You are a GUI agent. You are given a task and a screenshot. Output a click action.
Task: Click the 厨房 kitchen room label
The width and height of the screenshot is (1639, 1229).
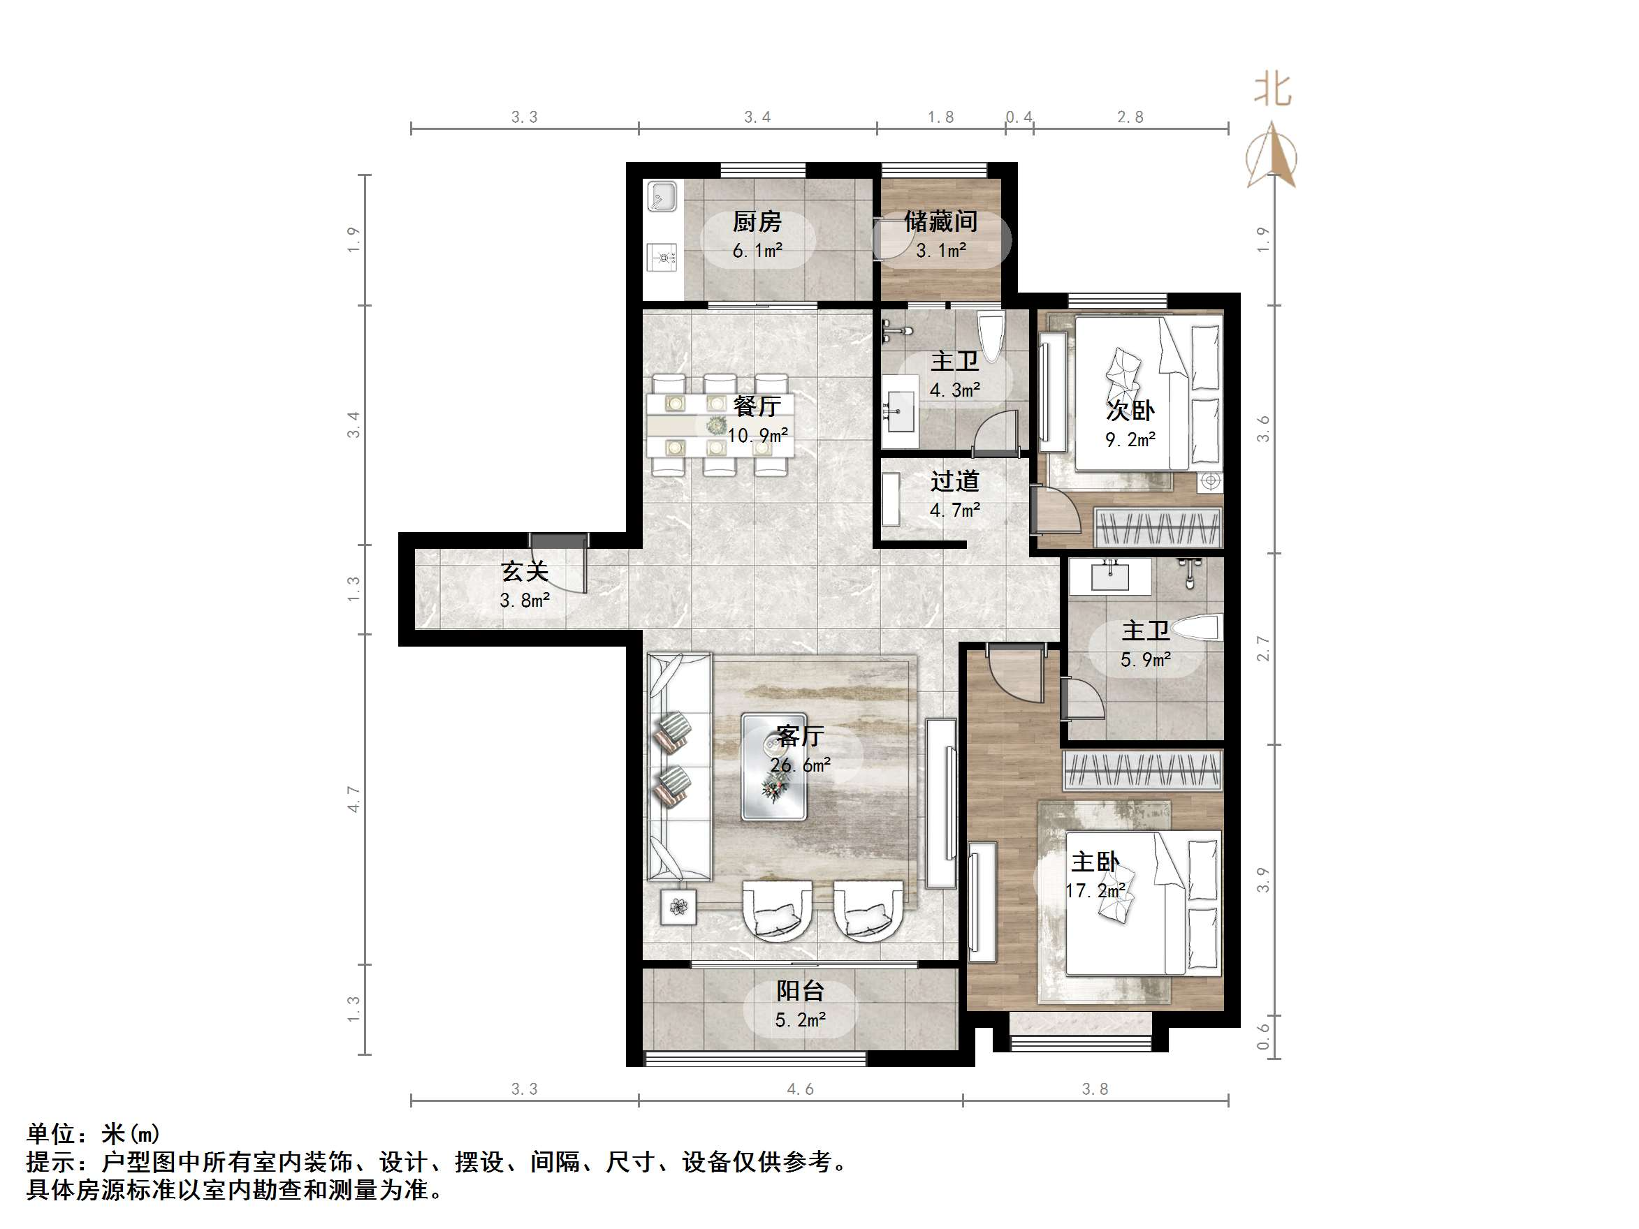coord(757,221)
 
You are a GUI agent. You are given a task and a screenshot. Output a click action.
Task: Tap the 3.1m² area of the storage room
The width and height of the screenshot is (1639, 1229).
coord(940,251)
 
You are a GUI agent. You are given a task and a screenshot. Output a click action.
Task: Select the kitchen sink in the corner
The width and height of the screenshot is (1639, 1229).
coord(662,197)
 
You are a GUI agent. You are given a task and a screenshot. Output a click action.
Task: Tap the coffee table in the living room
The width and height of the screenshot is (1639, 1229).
coord(773,766)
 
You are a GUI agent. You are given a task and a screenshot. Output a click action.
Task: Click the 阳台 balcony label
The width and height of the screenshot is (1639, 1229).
coord(799,990)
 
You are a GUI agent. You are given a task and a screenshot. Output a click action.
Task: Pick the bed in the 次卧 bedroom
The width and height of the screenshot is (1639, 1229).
coord(1146,393)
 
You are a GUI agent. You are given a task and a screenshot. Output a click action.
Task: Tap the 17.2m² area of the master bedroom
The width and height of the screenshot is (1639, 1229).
coord(1095,890)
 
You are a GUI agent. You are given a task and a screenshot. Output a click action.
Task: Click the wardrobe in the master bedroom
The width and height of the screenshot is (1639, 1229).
coord(1142,770)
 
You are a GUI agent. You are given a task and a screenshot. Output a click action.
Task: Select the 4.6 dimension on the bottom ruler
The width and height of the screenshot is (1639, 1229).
coord(799,1089)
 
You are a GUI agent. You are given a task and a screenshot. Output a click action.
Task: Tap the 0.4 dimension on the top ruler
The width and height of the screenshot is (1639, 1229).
coord(1019,117)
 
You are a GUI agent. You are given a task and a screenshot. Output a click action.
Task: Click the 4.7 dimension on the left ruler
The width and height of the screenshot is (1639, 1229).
coord(354,800)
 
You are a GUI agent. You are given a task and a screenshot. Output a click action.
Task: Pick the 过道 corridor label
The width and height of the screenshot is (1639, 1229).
coord(954,482)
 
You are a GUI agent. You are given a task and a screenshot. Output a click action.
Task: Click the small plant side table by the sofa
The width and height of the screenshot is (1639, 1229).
coord(678,907)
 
